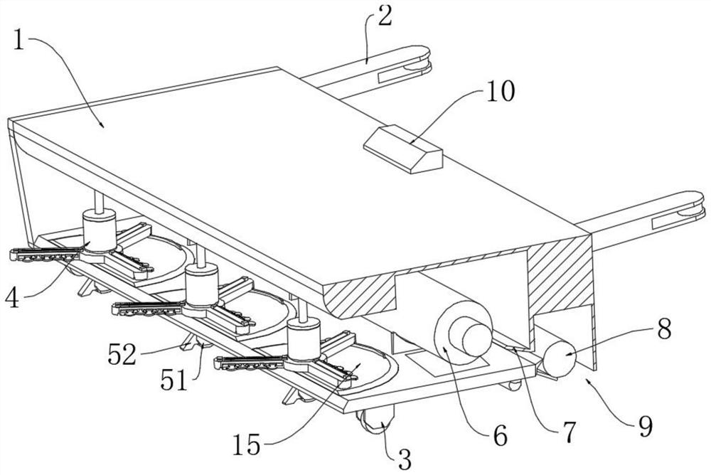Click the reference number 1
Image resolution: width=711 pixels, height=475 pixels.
[18, 40]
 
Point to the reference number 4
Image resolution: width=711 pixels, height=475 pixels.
[12, 298]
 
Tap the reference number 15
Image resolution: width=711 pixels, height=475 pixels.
[247, 444]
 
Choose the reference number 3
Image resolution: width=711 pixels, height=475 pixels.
[404, 459]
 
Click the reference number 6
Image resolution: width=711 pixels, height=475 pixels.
[500, 436]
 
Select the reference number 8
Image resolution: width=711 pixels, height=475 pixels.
[664, 329]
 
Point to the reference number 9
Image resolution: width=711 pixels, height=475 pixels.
[645, 427]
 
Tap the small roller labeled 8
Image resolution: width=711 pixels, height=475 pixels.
[559, 359]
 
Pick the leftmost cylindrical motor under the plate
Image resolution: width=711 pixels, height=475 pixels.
[100, 230]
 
